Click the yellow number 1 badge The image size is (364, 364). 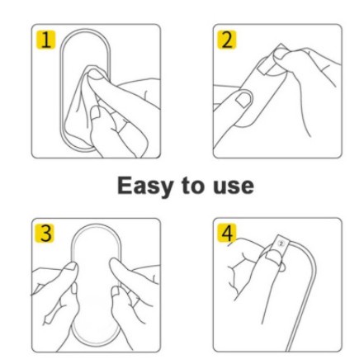coord(45,40)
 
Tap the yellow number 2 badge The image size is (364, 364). coord(227,40)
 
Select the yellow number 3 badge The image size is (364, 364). coord(45,234)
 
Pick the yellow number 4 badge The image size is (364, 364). coord(227,233)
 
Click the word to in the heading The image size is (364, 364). coord(194,186)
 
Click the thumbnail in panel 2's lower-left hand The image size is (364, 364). coord(243,99)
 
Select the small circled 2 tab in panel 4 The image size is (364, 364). coord(281,243)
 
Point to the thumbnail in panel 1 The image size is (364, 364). coord(96,75)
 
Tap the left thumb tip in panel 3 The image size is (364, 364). coord(72,266)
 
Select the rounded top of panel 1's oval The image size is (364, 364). coord(86,31)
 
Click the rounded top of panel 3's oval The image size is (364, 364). coord(96,225)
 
